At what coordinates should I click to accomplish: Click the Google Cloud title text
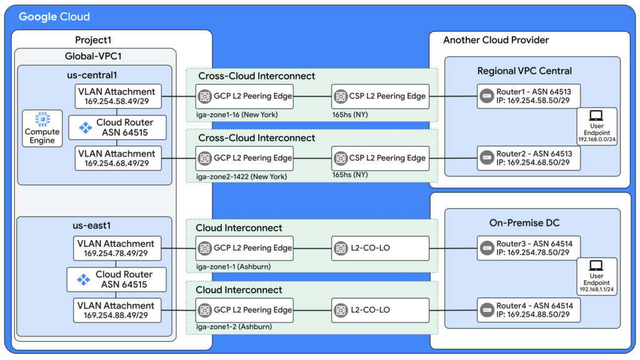(54, 17)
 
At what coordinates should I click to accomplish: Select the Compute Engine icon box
(42, 127)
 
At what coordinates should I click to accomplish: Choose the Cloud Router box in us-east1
(116, 279)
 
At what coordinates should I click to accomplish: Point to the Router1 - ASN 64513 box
(528, 96)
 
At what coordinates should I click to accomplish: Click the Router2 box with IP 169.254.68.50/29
(528, 158)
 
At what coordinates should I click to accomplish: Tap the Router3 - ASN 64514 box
(528, 248)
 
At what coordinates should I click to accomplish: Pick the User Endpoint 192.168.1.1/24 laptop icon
(596, 266)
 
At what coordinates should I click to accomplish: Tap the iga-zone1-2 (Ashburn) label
(226, 326)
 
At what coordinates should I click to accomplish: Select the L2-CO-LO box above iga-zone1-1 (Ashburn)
(381, 248)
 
